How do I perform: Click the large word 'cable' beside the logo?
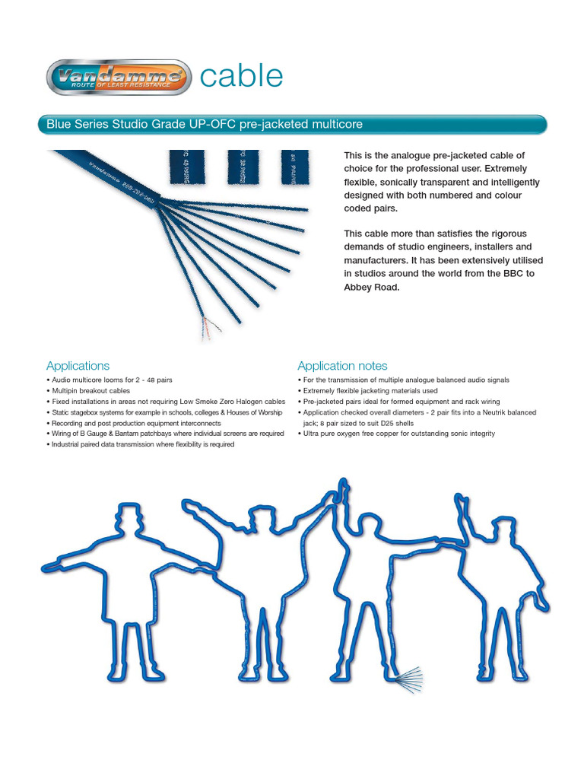pyautogui.click(x=241, y=76)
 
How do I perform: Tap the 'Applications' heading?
pyautogui.click(x=78, y=365)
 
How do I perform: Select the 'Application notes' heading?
pyautogui.click(x=342, y=365)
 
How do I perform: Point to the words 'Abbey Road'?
pyautogui.click(x=371, y=288)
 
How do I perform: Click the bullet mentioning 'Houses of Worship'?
pyautogui.click(x=164, y=412)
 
